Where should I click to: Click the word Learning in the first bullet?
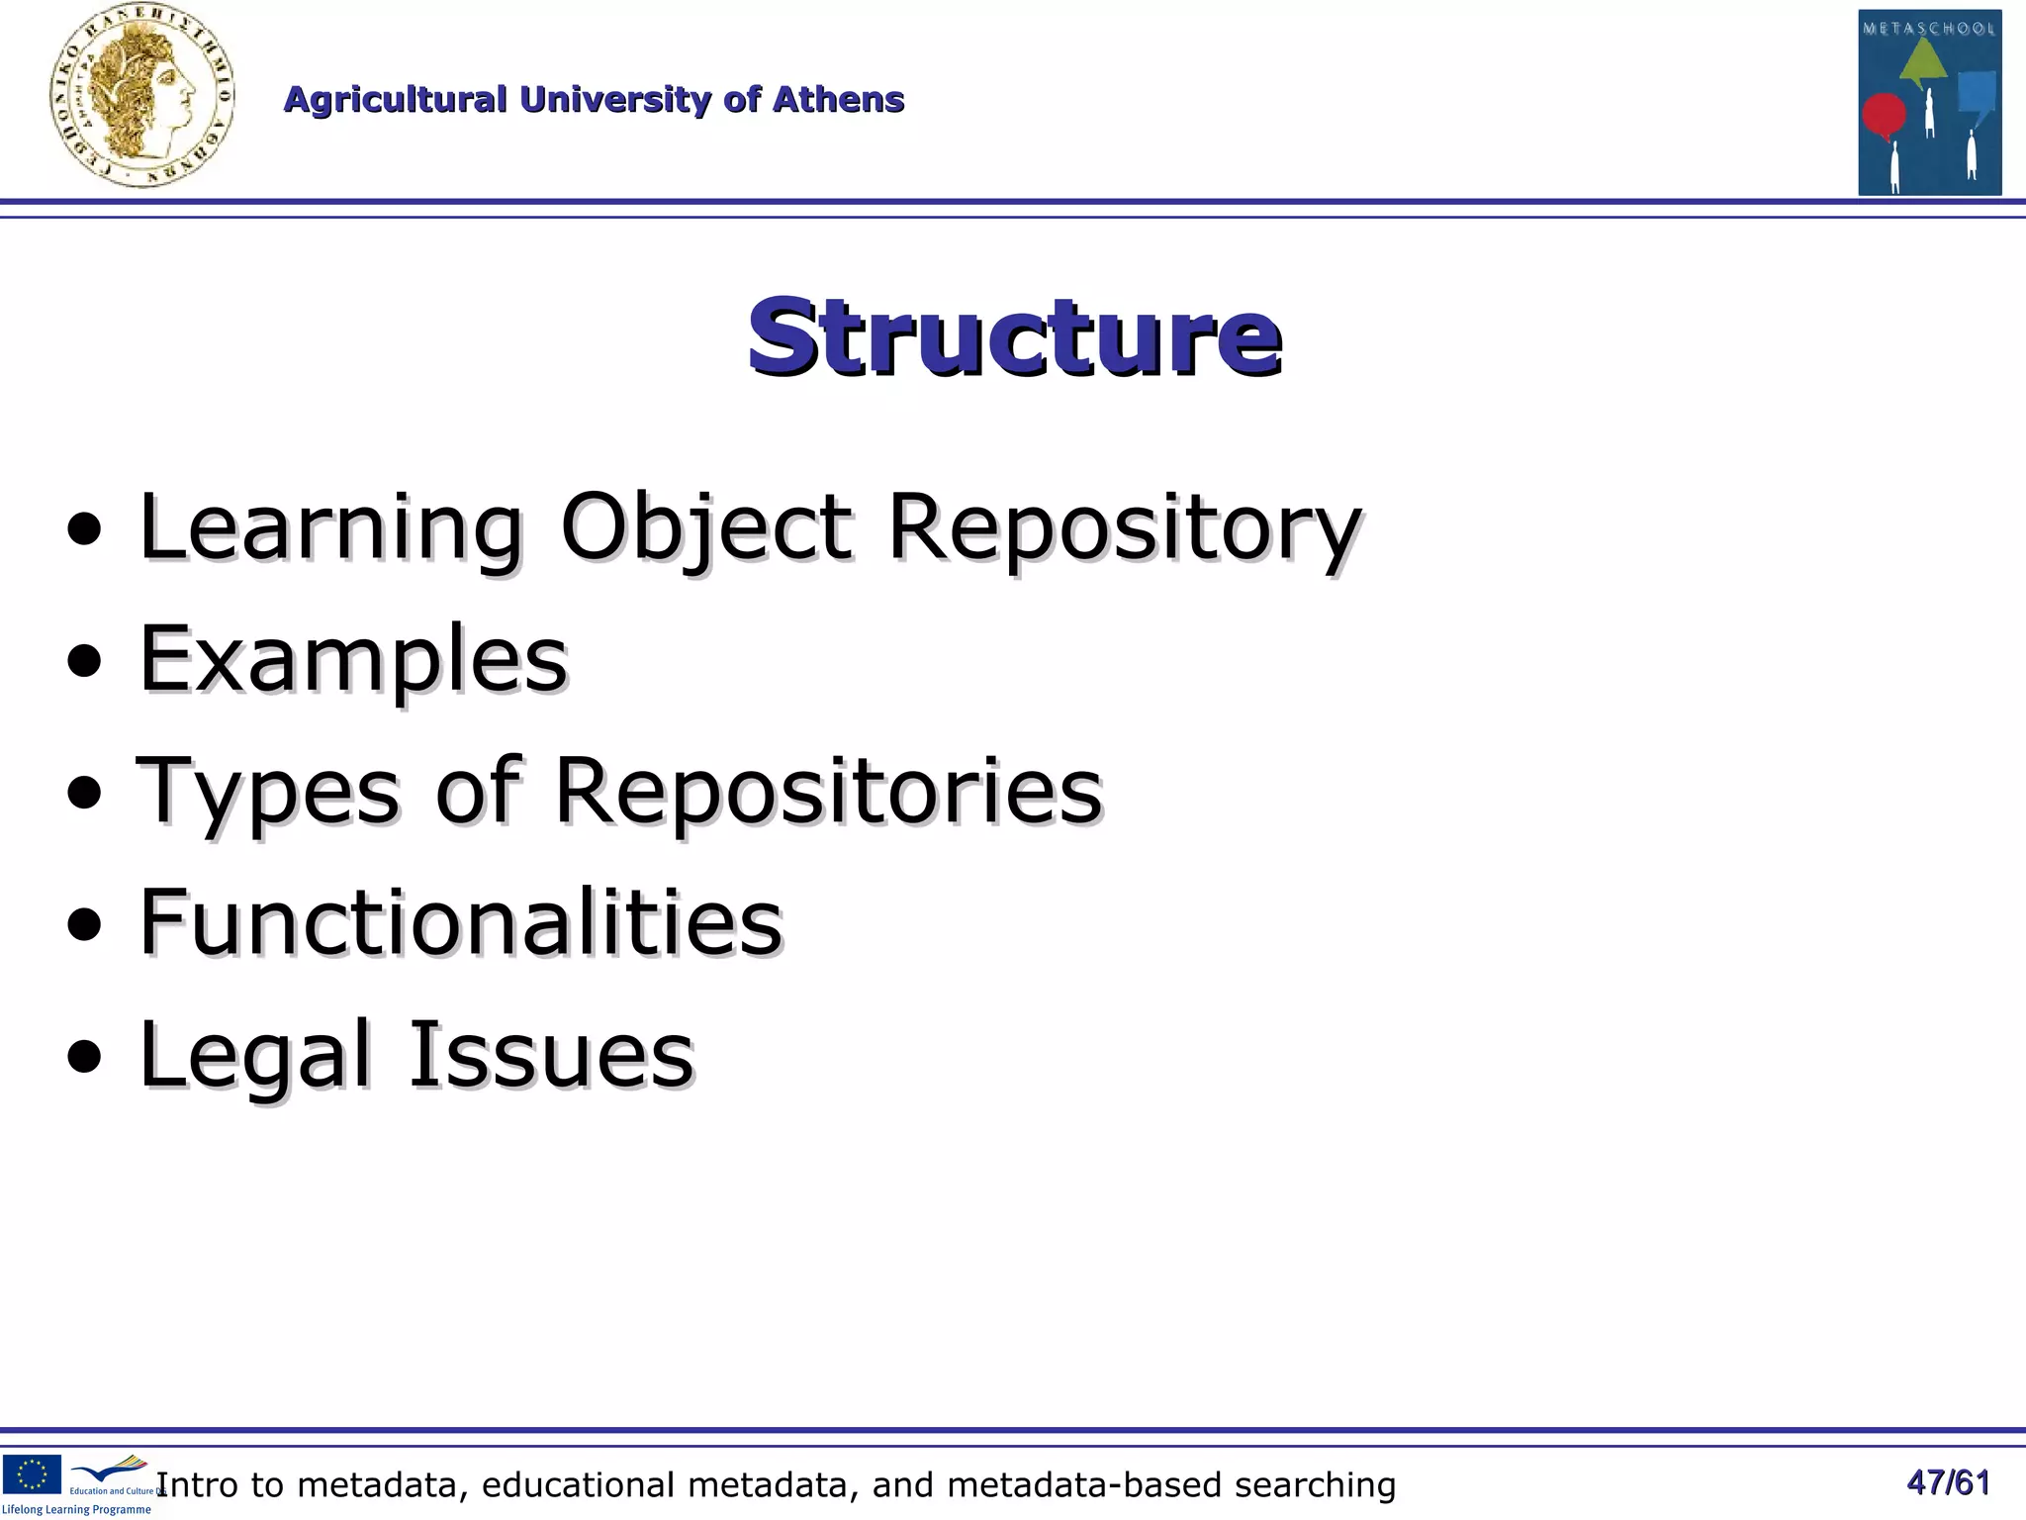(330, 528)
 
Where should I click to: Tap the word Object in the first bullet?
(704, 528)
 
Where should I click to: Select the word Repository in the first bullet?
(1124, 528)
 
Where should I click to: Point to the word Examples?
(352, 661)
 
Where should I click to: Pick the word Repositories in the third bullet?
(827, 792)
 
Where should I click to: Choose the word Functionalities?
(460, 922)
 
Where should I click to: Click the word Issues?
(551, 1055)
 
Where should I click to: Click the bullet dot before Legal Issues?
(84, 1058)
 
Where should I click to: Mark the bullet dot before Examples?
(84, 662)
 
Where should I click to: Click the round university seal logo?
(141, 96)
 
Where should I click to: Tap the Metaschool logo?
(1929, 102)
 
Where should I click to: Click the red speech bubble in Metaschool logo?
(1884, 115)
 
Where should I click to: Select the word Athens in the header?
(838, 100)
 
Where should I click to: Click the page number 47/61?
(1948, 1482)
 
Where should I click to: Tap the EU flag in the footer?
(32, 1473)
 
